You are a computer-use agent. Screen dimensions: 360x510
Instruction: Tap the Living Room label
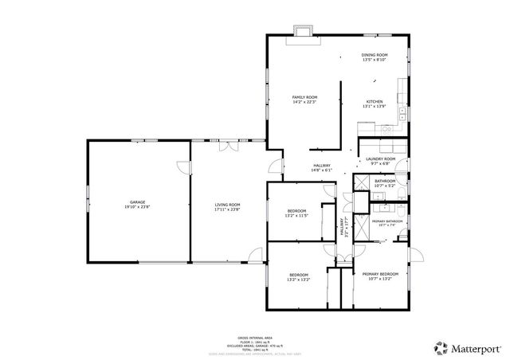click(x=227, y=205)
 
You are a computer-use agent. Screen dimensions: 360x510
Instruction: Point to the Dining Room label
click(x=375, y=55)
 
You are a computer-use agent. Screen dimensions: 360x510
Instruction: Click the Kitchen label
click(x=375, y=102)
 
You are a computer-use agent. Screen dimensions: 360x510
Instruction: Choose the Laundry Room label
click(x=380, y=159)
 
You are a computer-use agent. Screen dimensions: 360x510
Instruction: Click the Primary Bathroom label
click(x=386, y=221)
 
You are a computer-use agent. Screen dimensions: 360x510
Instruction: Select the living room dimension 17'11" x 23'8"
click(x=227, y=209)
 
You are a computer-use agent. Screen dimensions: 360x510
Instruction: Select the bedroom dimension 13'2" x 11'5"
click(x=297, y=216)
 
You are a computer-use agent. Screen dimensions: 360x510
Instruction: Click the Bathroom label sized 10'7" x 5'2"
click(x=386, y=182)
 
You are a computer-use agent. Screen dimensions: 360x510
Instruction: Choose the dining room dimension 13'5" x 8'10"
click(x=375, y=60)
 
